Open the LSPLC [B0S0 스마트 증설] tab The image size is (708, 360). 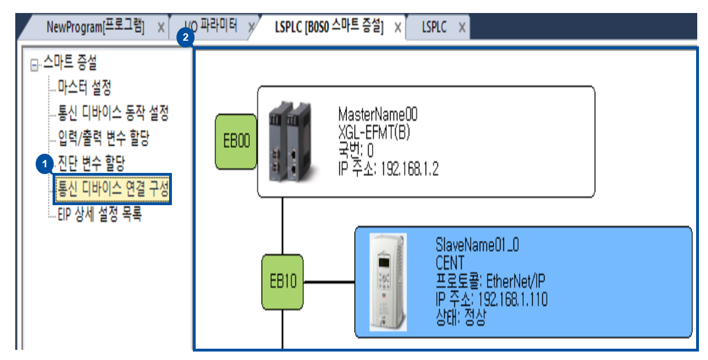[329, 27]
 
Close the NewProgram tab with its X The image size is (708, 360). [161, 28]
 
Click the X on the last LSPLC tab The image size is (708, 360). [462, 28]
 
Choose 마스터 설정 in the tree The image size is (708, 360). [84, 87]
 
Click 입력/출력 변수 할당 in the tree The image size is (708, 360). [103, 138]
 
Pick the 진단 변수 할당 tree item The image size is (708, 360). [91, 163]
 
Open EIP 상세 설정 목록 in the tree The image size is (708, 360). [100, 214]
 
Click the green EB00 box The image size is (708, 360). [236, 141]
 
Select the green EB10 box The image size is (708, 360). [282, 282]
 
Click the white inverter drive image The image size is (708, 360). [387, 281]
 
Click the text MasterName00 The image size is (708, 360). [377, 115]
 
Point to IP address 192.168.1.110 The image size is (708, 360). [512, 300]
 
